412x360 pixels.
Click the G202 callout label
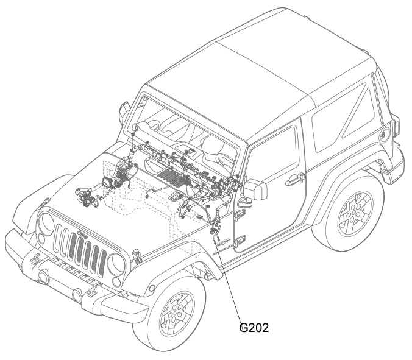coord(254,328)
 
